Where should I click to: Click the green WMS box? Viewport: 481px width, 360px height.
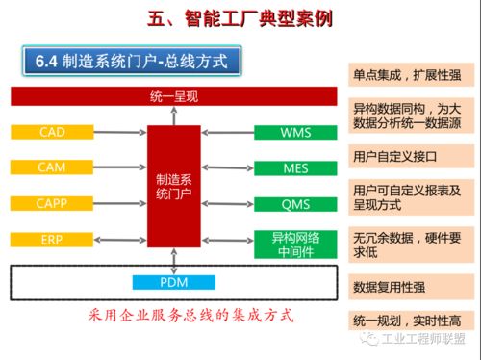click(x=295, y=131)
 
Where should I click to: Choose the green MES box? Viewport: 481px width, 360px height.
click(x=295, y=167)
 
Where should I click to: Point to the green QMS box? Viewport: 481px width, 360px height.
click(x=295, y=203)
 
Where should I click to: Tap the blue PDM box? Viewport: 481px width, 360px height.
click(x=173, y=282)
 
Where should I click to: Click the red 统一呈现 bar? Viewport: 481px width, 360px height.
click(x=173, y=96)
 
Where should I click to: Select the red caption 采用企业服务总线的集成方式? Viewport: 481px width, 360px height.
click(x=190, y=314)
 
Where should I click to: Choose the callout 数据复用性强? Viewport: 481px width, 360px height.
click(x=408, y=286)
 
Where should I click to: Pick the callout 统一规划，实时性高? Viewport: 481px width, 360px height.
click(x=408, y=320)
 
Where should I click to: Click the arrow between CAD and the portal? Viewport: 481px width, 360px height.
click(x=119, y=131)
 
